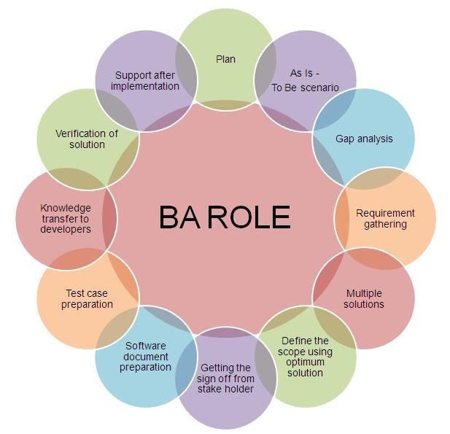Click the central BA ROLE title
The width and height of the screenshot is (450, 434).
tap(225, 217)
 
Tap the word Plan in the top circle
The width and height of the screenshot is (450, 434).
tap(225, 59)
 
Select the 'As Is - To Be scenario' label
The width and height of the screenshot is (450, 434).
tap(305, 80)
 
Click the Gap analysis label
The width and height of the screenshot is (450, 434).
tap(364, 139)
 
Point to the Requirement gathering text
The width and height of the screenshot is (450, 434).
tap(385, 219)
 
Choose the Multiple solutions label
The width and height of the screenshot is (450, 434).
tap(364, 299)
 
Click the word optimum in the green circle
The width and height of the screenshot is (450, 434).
tap(305, 363)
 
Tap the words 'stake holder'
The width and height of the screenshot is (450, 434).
tap(225, 389)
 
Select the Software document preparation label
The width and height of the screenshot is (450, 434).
tap(146, 357)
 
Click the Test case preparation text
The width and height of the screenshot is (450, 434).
tap(87, 299)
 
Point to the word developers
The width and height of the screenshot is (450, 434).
tap(66, 229)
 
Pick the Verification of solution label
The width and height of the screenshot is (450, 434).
tap(87, 139)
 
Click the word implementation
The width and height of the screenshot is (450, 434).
tap(145, 86)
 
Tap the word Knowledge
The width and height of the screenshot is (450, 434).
tap(66, 208)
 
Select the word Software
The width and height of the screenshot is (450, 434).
tap(146, 346)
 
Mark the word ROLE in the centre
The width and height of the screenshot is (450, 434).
tap(249, 217)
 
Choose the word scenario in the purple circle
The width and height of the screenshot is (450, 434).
tap(319, 88)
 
